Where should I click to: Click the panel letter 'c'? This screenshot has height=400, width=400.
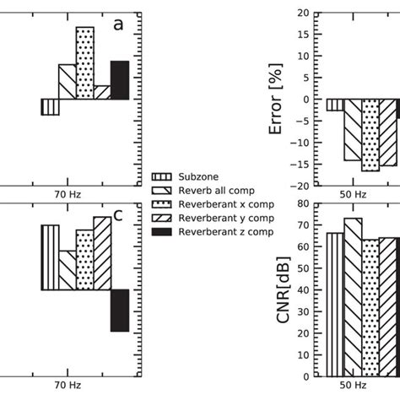tap(118, 214)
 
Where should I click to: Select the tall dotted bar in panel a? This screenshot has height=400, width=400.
tap(84, 63)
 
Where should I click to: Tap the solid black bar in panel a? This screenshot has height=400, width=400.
tap(120, 80)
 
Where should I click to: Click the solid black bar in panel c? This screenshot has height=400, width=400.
tap(120, 311)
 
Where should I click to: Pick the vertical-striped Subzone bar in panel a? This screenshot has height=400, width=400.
tap(50, 107)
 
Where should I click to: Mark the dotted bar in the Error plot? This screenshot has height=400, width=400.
tap(370, 135)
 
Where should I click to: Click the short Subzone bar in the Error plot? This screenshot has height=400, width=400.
tap(335, 105)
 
